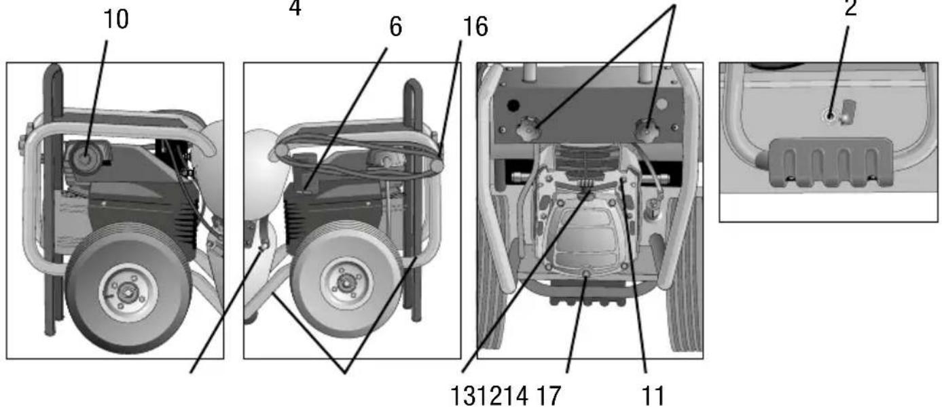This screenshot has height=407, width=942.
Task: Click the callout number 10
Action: (x=116, y=20)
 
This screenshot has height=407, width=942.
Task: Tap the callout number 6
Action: (x=396, y=27)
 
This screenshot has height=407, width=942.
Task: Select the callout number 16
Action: (x=475, y=27)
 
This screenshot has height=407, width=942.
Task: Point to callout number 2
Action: (x=851, y=7)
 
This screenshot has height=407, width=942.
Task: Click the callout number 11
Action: (x=653, y=396)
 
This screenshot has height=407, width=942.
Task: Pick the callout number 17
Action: (x=549, y=396)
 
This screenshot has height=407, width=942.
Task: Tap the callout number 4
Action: (x=295, y=7)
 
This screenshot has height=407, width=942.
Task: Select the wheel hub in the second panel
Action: (x=346, y=282)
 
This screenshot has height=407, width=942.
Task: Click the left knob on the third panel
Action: (x=529, y=130)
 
